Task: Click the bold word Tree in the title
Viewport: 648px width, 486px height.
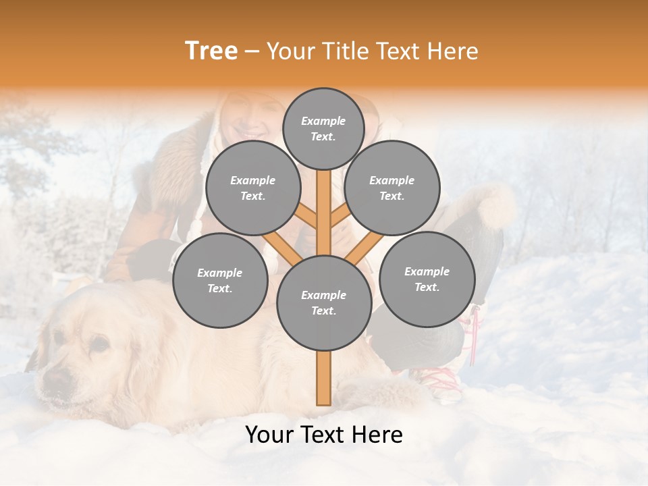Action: pos(211,51)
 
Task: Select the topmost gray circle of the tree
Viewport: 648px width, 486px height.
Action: pos(323,128)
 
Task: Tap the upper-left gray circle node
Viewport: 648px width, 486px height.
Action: pos(252,188)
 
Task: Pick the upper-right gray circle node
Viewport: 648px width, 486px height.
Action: pos(391,188)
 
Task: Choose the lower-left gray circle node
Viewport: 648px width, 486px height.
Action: pos(219,281)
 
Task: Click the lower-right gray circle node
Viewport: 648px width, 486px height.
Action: pos(427,279)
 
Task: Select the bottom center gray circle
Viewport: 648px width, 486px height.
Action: pos(323,303)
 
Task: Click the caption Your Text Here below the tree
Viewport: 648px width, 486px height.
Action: pos(323,435)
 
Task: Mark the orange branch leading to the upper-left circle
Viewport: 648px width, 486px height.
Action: pos(306,217)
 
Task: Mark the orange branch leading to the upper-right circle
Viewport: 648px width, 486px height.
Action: pos(340,217)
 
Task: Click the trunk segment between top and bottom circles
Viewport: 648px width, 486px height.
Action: pos(323,209)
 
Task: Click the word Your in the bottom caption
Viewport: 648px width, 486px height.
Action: pos(269,435)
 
